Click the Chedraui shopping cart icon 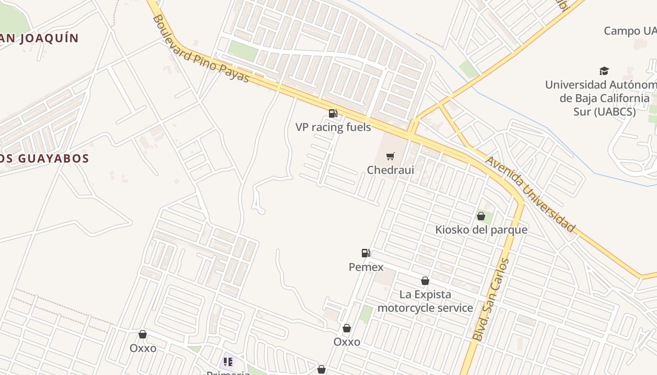[390, 156]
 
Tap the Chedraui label [390, 170]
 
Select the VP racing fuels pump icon [333, 113]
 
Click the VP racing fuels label [333, 127]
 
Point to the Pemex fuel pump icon [366, 253]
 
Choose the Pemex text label [366, 267]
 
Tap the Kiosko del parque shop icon [481, 216]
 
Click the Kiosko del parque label [481, 230]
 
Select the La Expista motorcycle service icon [425, 281]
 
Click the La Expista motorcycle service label [425, 301]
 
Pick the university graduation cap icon [604, 71]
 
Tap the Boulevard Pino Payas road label [200, 49]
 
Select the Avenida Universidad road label [530, 194]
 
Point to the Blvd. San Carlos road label [491, 299]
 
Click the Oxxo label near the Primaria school [143, 348]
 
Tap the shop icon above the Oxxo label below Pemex [347, 328]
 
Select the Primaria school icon [228, 362]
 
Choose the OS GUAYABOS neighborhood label [45, 158]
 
